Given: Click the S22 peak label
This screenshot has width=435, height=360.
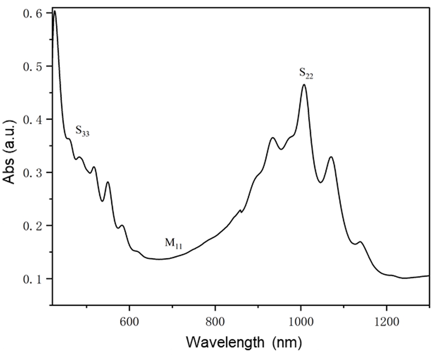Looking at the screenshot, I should click(306, 74).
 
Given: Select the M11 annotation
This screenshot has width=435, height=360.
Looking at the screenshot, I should click(173, 244).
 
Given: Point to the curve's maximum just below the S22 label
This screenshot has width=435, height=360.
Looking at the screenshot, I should click(304, 85).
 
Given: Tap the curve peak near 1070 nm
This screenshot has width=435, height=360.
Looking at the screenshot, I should click(331, 157).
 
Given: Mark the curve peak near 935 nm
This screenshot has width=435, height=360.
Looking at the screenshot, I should click(273, 138).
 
